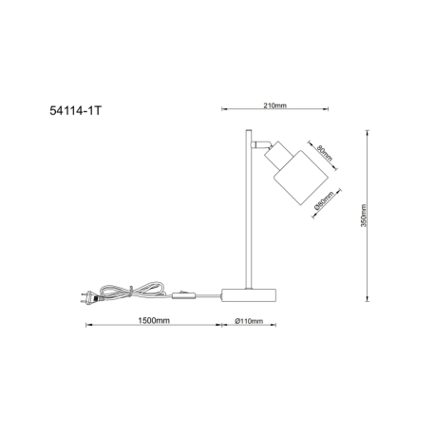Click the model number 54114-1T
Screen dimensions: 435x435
pos(76,110)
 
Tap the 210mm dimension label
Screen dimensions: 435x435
pos(274,105)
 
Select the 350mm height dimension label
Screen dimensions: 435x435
pos(363,216)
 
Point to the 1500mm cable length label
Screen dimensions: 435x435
pos(154,320)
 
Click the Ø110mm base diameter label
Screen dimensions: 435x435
pos(249,321)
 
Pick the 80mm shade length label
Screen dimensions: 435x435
pos(325,153)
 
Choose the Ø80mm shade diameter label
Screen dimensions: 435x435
pos(324,201)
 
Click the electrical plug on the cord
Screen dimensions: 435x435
pos(90,297)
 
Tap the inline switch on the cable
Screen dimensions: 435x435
pos(183,295)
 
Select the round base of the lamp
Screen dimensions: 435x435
pos(249,295)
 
